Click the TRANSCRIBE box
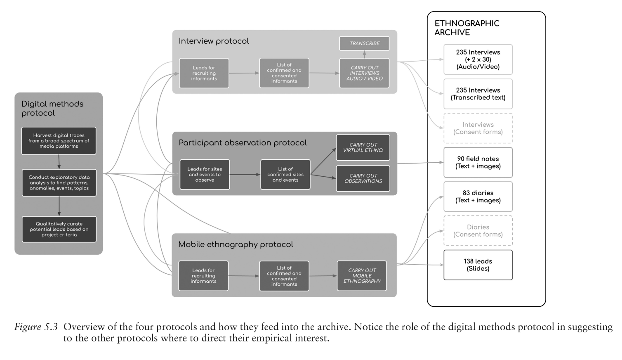(x=364, y=43)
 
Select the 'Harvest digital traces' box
(x=59, y=141)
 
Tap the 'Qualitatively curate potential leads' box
(x=59, y=229)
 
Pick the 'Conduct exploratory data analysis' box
(x=59, y=182)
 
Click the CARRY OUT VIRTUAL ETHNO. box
(x=363, y=147)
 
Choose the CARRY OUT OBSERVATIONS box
(x=363, y=178)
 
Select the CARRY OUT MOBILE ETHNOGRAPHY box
(x=362, y=276)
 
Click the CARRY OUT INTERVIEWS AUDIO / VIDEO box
(x=364, y=73)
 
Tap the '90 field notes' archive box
(x=478, y=162)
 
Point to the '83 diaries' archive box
(x=478, y=197)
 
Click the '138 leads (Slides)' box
(x=478, y=265)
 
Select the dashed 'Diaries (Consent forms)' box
(x=478, y=231)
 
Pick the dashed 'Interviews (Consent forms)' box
(x=478, y=128)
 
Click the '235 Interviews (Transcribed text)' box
(x=478, y=94)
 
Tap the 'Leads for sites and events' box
(x=205, y=175)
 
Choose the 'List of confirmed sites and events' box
(x=285, y=175)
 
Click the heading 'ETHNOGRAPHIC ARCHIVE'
(x=467, y=28)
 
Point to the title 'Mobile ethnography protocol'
(x=236, y=244)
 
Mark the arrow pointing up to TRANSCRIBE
(x=364, y=54)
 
